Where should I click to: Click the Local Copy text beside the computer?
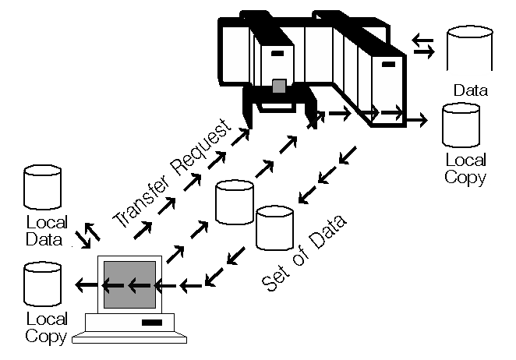pos(46,327)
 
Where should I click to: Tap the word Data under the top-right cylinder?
pos(471,90)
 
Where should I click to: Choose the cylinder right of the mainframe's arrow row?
pos(461,125)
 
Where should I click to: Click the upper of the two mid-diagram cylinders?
pos(235,201)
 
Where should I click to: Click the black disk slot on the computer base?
pos(151,321)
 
